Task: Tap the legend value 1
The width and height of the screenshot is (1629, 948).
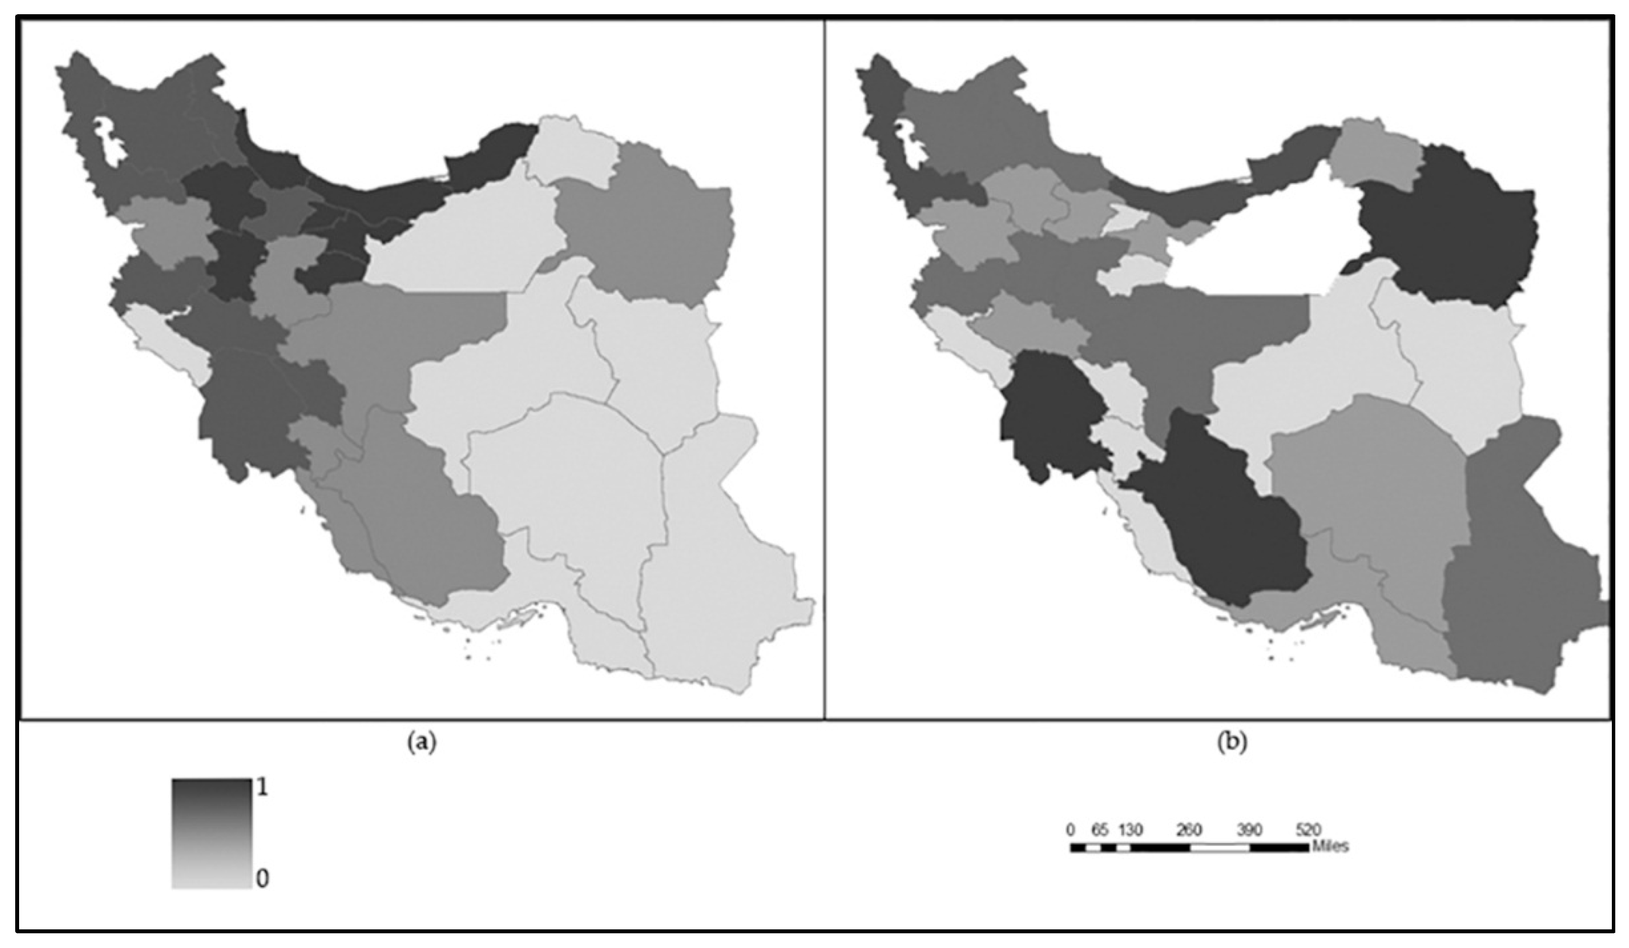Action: (x=262, y=788)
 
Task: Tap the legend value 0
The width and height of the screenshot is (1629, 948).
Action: (x=262, y=879)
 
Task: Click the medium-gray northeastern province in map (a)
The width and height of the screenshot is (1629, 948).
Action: (x=647, y=233)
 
